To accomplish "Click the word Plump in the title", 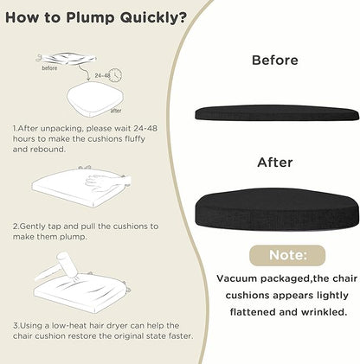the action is point(90,18).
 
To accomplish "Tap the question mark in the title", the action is point(182,17).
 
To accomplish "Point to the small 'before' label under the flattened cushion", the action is point(49,68).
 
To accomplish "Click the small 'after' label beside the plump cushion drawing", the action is point(116,111).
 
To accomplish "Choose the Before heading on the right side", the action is point(275,61).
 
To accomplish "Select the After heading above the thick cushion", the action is point(275,163).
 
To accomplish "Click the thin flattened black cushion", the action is point(277,112).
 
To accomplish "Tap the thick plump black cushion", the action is point(277,209).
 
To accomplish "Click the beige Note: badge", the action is point(287,255).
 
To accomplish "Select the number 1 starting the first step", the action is point(15,128).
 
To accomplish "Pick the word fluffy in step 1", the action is point(135,139).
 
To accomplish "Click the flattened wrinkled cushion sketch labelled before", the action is point(67,58).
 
